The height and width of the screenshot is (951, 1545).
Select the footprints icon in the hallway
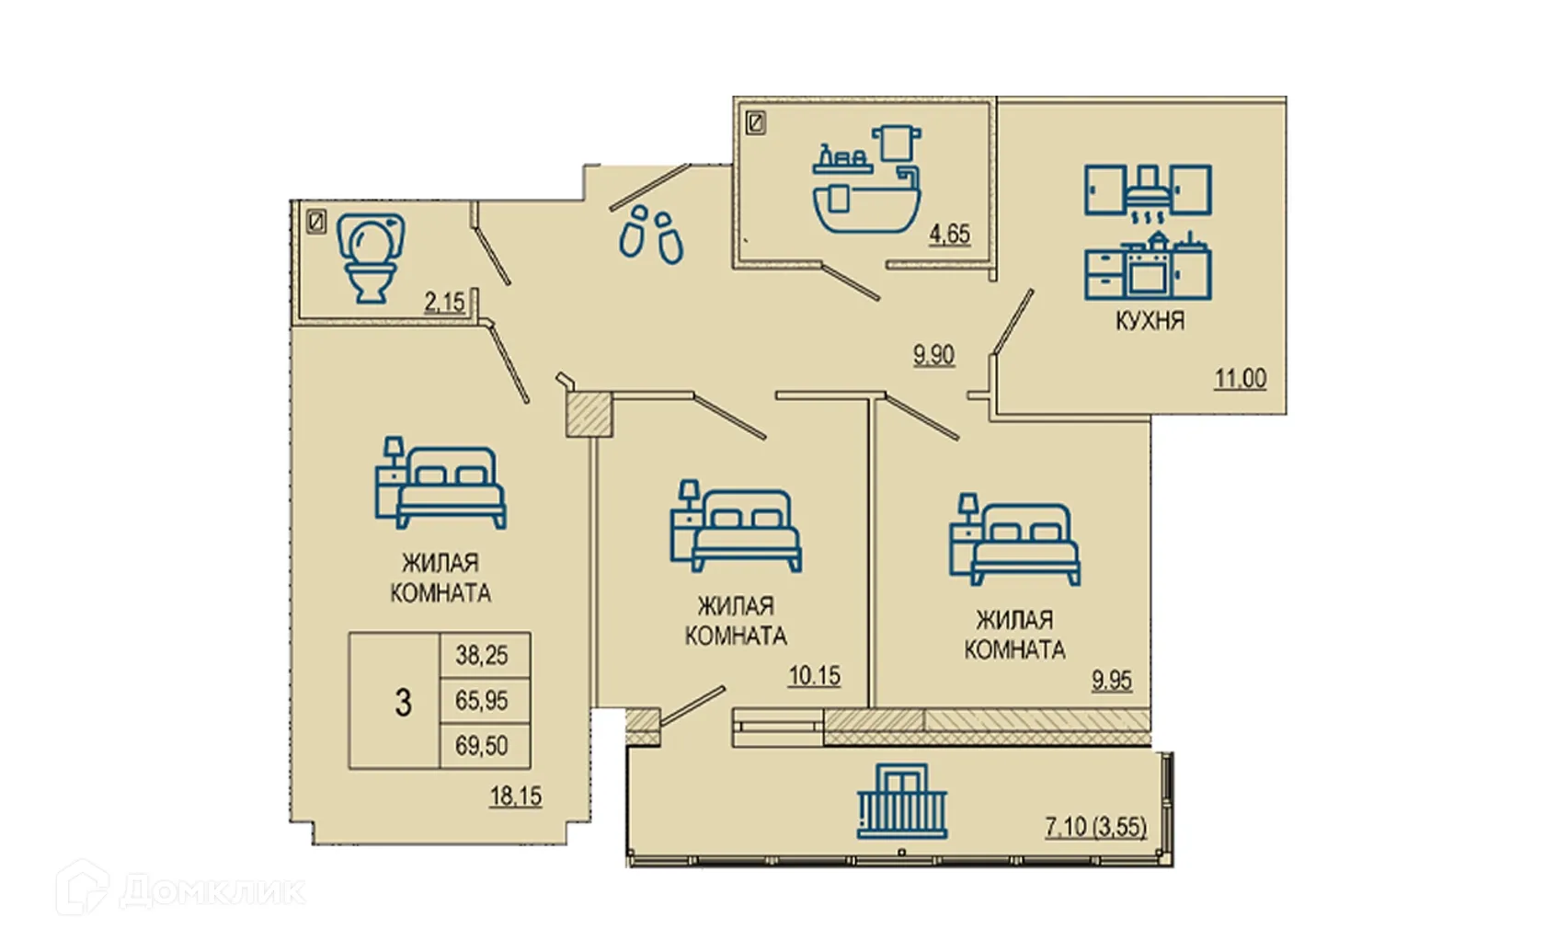[x=651, y=235]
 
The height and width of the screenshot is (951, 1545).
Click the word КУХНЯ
[x=1150, y=321]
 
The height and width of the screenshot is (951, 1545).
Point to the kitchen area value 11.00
[x=1240, y=378]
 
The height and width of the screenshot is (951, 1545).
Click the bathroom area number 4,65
[x=949, y=234]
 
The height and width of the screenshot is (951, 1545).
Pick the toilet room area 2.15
[x=444, y=302]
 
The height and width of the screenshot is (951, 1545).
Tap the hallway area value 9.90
[x=933, y=354]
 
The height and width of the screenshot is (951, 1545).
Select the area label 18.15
[x=515, y=796]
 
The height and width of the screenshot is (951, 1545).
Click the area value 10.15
[x=814, y=676]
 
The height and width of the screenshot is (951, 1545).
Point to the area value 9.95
[x=1111, y=681]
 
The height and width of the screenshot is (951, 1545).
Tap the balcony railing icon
[x=902, y=801]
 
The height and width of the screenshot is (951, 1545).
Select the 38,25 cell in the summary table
[x=482, y=655]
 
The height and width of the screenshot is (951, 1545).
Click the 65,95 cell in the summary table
[x=482, y=700]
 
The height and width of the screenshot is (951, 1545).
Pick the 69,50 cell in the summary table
[x=482, y=745]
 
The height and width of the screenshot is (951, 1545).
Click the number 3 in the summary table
[x=403, y=703]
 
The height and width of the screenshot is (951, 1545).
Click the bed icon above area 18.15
[x=441, y=482]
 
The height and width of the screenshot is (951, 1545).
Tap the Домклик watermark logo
[x=180, y=888]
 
